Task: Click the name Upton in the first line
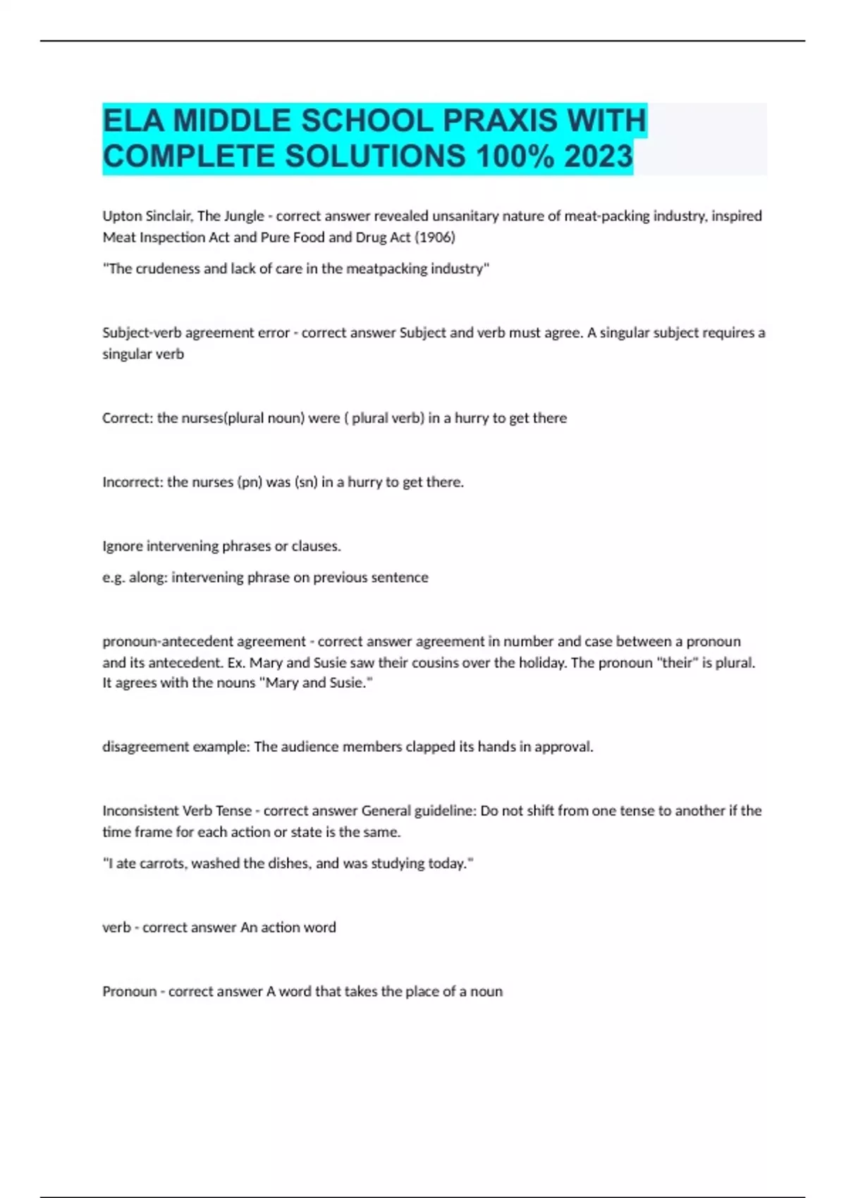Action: tap(121, 216)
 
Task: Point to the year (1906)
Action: tap(434, 237)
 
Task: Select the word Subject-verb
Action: tap(142, 333)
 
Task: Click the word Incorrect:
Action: tap(133, 482)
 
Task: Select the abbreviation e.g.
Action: tap(114, 578)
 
